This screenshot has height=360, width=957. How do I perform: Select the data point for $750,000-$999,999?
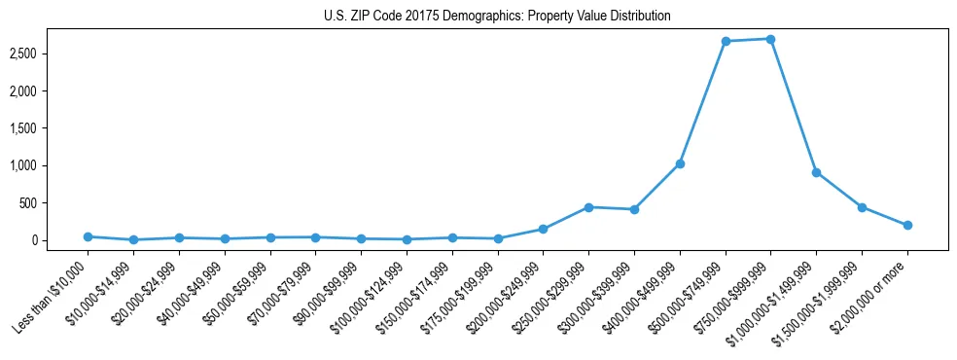[x=770, y=39]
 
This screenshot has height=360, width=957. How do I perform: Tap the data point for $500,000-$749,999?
[x=726, y=41]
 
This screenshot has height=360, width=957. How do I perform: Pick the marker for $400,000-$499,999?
[x=680, y=163]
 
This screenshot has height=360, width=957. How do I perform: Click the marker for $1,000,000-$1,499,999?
[x=816, y=172]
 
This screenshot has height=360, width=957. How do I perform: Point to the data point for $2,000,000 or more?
[x=907, y=225]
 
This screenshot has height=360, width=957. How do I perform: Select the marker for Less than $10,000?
[x=89, y=236]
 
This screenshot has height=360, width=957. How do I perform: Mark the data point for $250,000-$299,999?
[x=588, y=207]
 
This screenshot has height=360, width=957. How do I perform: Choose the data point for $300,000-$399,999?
[x=634, y=209]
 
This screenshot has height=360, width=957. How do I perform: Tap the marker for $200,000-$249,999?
[x=544, y=229]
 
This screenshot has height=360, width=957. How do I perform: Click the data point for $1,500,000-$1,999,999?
[x=862, y=207]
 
